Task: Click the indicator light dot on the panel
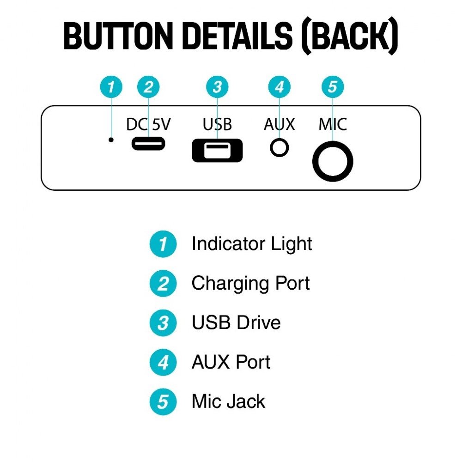(111, 140)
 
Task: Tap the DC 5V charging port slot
(148, 144)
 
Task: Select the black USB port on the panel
(217, 150)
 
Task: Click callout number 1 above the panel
(111, 87)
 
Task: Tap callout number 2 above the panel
(148, 87)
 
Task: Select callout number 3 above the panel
(217, 87)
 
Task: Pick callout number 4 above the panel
(280, 87)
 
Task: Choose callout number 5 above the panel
(332, 87)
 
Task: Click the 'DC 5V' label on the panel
(148, 124)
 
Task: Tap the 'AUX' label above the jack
(280, 124)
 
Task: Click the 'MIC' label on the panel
(333, 124)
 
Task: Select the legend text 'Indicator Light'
(252, 244)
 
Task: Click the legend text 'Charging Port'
(250, 284)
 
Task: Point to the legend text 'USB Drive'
(236, 322)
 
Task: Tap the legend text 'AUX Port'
(231, 362)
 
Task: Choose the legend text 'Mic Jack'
(228, 401)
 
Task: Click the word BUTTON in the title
(118, 36)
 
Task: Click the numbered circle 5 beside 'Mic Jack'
(163, 401)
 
